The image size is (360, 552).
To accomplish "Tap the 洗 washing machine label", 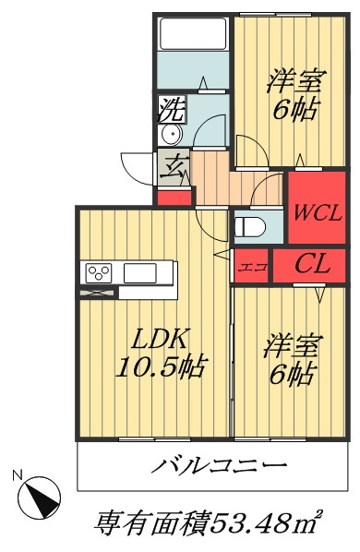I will (x=173, y=110).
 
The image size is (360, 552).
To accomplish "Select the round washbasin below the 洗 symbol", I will (x=173, y=136).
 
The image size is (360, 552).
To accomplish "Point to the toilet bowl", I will (x=249, y=225).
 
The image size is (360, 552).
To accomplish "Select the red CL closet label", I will (x=313, y=266).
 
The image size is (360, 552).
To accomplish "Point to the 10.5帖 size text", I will (x=160, y=366).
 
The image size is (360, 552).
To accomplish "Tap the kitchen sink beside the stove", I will (x=140, y=272).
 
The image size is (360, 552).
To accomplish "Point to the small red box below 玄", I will (x=174, y=196).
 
